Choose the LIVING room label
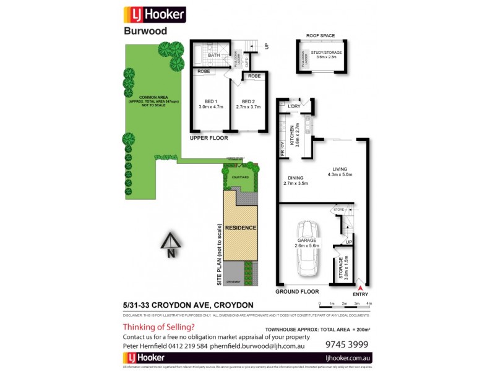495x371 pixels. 340,168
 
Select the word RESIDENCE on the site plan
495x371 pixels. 240,228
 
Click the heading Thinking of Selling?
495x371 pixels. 158,326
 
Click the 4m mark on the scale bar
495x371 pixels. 369,304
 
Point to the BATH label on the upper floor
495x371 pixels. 213,56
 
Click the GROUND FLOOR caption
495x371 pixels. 298,291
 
